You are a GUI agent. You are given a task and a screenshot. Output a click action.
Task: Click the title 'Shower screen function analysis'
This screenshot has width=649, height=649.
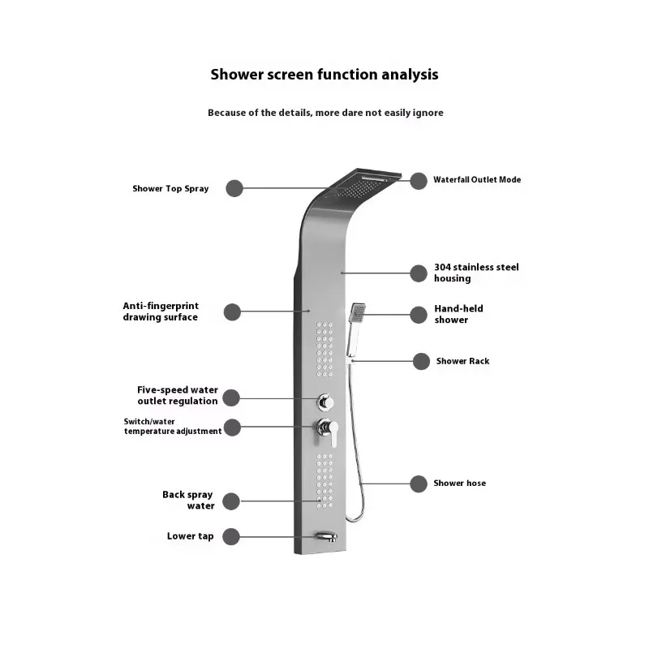[324, 75]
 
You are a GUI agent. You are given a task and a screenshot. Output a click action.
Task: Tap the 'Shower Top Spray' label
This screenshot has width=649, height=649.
[170, 189]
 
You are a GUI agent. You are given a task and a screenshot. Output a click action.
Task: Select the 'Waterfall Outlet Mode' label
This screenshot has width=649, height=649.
[477, 180]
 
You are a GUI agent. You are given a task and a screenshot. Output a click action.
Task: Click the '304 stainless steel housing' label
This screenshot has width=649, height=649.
[475, 273]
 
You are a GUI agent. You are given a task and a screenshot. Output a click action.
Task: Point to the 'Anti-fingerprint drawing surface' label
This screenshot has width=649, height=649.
[161, 312]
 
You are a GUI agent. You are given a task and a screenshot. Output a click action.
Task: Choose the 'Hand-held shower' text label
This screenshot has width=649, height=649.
[458, 314]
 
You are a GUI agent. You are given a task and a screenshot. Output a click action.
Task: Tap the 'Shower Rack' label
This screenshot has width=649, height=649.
[462, 361]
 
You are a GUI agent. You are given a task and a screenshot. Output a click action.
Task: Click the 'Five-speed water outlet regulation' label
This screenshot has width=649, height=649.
[177, 396]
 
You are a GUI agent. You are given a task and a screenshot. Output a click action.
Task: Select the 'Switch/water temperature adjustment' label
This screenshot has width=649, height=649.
[172, 427]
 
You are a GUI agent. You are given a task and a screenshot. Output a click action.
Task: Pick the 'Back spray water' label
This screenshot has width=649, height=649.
[187, 501]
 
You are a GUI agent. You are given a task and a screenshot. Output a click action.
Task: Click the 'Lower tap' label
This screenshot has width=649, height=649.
[190, 536]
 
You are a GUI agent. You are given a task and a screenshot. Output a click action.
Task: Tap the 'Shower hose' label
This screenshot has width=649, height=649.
[459, 484]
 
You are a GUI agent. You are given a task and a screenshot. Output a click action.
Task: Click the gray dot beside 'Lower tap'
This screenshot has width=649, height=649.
[231, 536]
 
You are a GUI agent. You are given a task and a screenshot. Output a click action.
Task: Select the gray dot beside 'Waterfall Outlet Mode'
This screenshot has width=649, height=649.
[419, 181]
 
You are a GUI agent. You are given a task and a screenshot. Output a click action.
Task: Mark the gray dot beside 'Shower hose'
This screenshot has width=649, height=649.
[419, 484]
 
